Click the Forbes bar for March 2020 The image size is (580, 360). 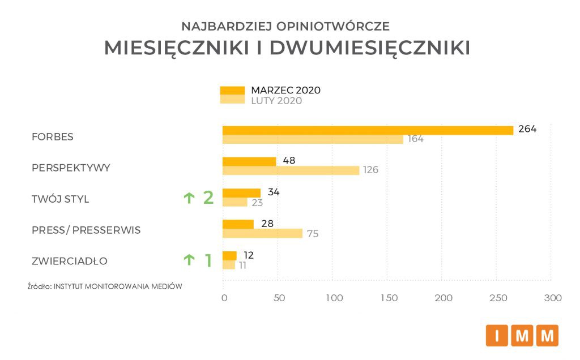tap(368, 130)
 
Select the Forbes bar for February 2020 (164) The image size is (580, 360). tap(313, 139)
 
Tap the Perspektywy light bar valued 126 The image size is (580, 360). tap(291, 170)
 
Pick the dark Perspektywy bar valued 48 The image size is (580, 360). tap(249, 161)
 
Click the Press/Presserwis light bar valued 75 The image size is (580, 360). tap(262, 233)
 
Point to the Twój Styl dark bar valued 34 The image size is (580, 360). tap(241, 192)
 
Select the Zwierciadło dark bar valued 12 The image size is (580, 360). tap(229, 255)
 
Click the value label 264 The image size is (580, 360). tap(527, 129)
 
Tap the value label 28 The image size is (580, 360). tap(268, 224)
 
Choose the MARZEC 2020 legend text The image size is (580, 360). tap(286, 90)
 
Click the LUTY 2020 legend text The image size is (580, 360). tap(276, 101)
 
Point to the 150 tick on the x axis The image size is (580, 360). tap(389, 298)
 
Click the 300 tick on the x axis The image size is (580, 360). tap(552, 298)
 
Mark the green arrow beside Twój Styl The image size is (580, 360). tap(189, 198)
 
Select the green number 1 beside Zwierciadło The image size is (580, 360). tap(208, 260)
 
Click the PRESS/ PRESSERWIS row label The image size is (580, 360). tap(86, 230)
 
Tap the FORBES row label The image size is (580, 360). tap(53, 137)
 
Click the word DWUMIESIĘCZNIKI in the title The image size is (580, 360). tap(370, 48)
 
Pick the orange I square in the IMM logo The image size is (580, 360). tap(497, 336)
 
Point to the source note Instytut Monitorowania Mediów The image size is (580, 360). tap(105, 286)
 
